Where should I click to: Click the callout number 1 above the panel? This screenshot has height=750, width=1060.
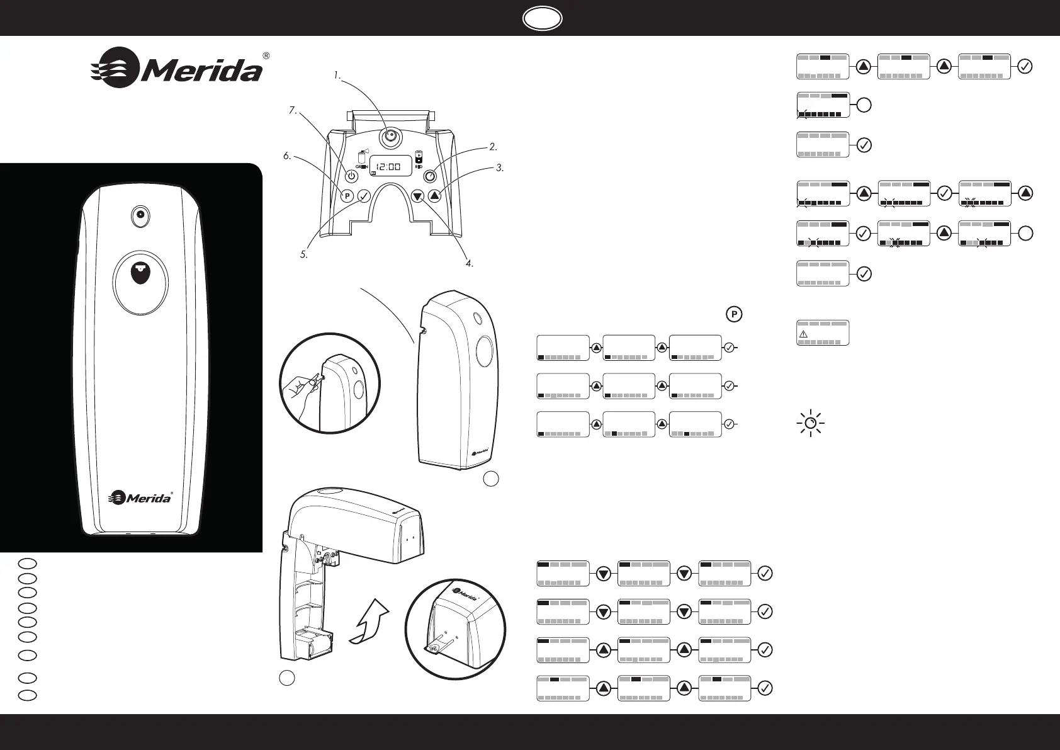[337, 76]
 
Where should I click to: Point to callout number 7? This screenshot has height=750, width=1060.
[293, 110]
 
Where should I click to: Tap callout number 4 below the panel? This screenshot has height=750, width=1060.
[470, 263]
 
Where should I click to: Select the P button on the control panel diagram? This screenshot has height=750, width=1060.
[347, 196]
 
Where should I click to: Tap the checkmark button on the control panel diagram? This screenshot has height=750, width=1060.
[364, 196]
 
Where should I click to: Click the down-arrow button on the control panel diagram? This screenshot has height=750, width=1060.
[417, 196]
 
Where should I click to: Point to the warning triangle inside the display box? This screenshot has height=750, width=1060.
[803, 334]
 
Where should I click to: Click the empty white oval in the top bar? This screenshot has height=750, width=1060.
[542, 18]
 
